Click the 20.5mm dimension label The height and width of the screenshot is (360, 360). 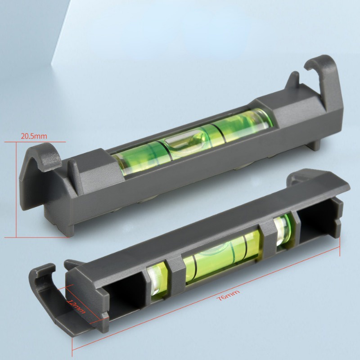[x=34, y=136]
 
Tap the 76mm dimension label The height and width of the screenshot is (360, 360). [x=229, y=295]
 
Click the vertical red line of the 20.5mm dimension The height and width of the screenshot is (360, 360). [x=16, y=189]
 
